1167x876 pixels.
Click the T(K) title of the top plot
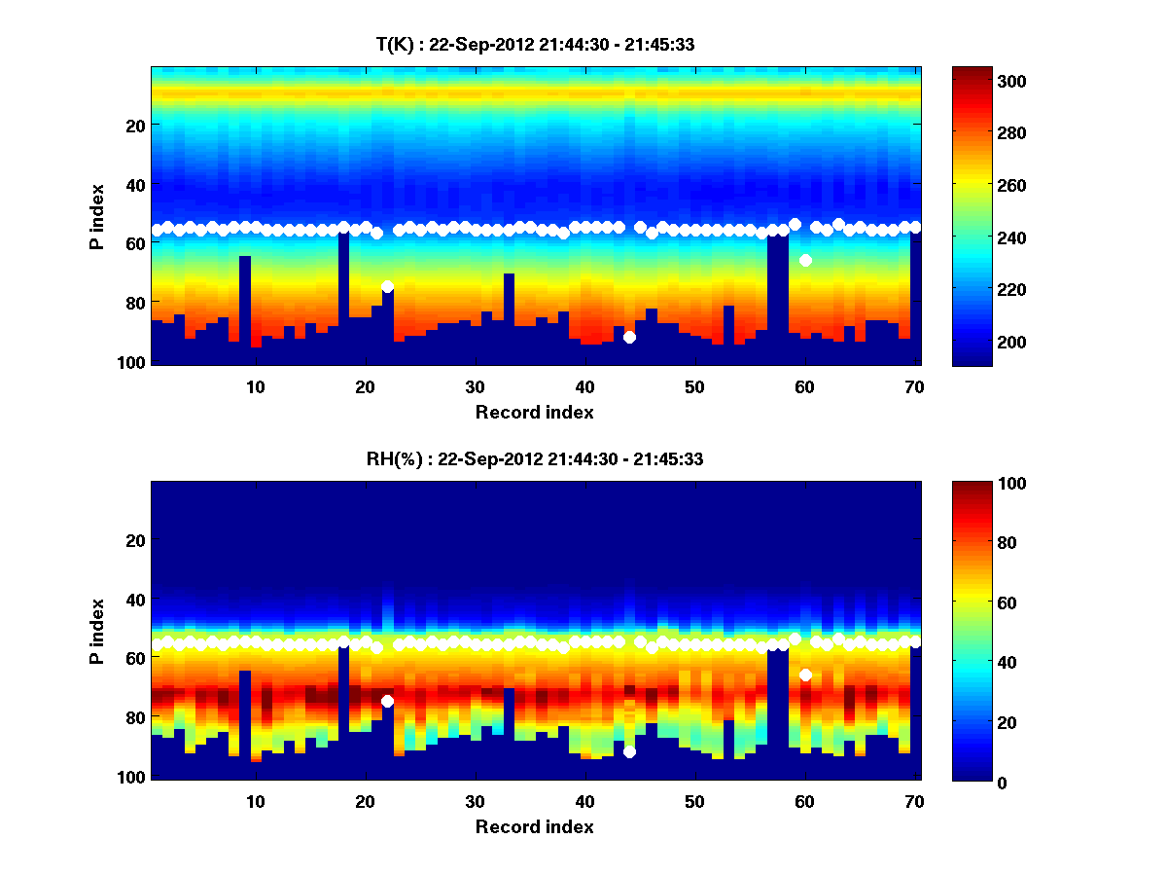click(x=535, y=45)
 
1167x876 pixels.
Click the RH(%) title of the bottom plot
click(x=535, y=459)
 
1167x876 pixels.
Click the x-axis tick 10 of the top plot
click(x=255, y=386)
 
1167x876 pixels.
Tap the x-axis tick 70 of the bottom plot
click(x=914, y=801)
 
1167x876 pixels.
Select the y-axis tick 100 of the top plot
click(x=134, y=362)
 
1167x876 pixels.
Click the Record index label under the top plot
click(x=534, y=412)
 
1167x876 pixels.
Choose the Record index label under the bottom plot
click(x=534, y=826)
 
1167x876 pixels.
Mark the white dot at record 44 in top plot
click(x=629, y=337)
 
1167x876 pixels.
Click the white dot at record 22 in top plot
click(x=387, y=286)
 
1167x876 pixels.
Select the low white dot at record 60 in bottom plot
click(x=805, y=675)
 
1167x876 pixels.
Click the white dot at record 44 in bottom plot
click(x=629, y=751)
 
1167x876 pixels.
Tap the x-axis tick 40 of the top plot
click(x=584, y=386)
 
